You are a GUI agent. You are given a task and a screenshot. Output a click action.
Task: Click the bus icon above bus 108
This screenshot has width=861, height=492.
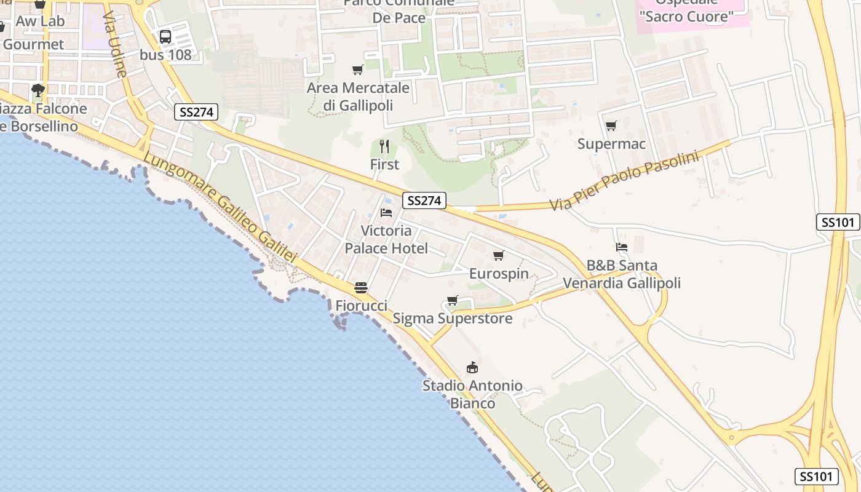pyautogui.click(x=165, y=36)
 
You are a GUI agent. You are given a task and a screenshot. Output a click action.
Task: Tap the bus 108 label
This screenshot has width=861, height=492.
pyautogui.click(x=165, y=55)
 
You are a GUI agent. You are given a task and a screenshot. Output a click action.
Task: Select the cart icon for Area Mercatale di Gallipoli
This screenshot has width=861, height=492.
pyautogui.click(x=357, y=70)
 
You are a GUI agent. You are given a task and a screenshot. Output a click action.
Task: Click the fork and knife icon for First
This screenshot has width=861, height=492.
pyautogui.click(x=384, y=146)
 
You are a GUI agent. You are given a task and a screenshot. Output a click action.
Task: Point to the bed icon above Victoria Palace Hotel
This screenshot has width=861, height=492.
pyautogui.click(x=386, y=213)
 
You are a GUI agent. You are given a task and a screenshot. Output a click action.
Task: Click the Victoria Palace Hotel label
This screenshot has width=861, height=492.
pyautogui.click(x=386, y=240)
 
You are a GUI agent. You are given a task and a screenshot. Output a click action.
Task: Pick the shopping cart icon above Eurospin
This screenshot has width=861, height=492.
pyautogui.click(x=499, y=255)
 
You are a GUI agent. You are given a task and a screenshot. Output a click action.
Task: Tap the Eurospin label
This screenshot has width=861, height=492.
pyautogui.click(x=499, y=274)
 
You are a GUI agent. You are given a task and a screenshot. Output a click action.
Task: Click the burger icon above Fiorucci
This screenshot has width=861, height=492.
pyautogui.click(x=361, y=288)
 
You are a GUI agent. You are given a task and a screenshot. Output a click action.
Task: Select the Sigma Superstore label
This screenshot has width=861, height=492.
pyautogui.click(x=453, y=319)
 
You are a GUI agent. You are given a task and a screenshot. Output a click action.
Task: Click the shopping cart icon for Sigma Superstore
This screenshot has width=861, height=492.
pyautogui.click(x=453, y=301)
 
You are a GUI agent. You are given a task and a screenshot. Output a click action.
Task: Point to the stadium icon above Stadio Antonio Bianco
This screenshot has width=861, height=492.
pyautogui.click(x=472, y=368)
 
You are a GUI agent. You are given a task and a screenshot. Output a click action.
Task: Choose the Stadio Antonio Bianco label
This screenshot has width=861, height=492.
pyautogui.click(x=472, y=395)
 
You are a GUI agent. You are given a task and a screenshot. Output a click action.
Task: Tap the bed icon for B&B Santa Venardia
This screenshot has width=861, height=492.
pyautogui.click(x=622, y=247)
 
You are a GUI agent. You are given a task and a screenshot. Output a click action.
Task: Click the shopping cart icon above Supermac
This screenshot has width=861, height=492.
pyautogui.click(x=611, y=126)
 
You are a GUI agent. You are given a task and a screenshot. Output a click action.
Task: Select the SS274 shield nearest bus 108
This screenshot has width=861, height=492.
pyautogui.click(x=196, y=112)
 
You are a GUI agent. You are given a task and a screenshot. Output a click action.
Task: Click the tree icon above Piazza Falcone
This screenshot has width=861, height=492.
pyautogui.click(x=38, y=90)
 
